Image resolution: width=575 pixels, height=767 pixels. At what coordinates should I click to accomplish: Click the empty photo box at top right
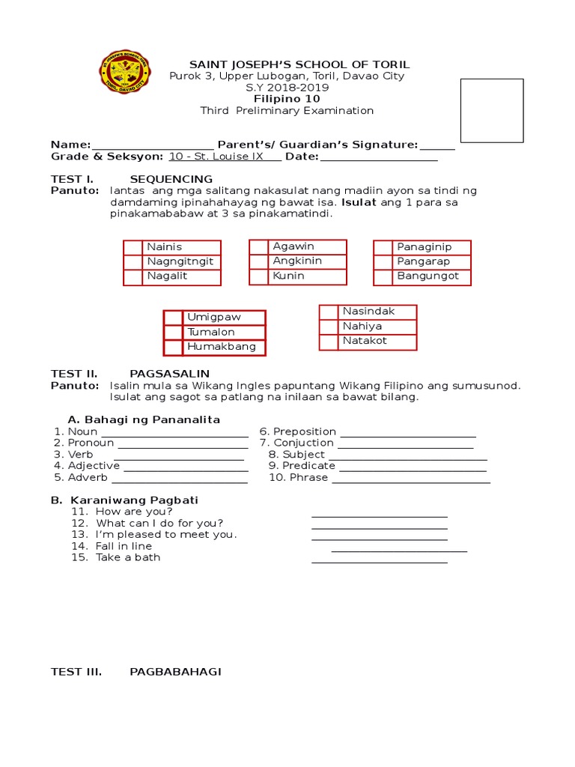(x=491, y=110)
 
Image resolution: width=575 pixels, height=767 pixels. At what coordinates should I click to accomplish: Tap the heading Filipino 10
(x=287, y=99)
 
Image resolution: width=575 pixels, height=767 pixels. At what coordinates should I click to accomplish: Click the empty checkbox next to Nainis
(x=133, y=247)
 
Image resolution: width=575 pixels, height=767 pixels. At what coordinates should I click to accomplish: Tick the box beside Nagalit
(x=133, y=277)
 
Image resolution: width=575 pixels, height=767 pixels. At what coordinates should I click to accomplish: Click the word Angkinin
(x=297, y=261)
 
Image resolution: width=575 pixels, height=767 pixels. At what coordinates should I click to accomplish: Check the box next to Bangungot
(x=383, y=277)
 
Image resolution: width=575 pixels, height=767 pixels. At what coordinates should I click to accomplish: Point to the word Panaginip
(x=423, y=247)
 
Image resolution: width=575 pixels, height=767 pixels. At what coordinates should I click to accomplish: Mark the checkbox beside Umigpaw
(x=173, y=318)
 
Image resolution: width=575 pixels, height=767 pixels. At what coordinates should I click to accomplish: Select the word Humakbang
(x=222, y=347)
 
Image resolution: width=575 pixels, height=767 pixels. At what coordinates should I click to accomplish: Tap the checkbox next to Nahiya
(x=329, y=327)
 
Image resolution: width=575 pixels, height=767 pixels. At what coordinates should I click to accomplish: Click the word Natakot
(x=365, y=341)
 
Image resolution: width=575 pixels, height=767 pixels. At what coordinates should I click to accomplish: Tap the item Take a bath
(x=128, y=557)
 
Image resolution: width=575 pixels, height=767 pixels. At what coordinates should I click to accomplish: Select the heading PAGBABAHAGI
(x=175, y=672)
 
